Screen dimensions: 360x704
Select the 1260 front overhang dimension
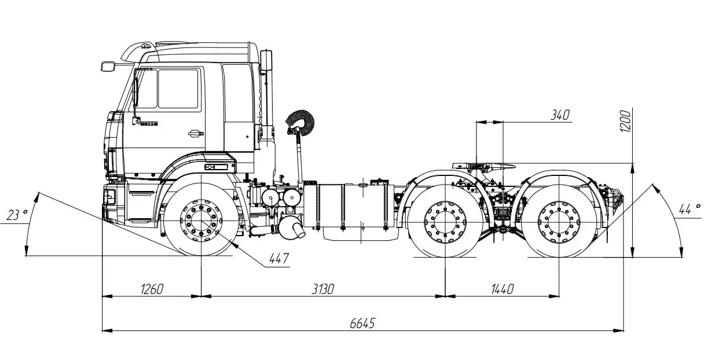click(151, 288)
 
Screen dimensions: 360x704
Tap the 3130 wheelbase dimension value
click(322, 288)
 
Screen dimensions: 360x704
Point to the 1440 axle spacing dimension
click(501, 288)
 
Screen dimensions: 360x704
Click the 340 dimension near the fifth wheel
click(560, 115)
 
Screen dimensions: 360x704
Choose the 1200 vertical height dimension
click(626, 120)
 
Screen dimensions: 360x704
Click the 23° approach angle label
click(17, 216)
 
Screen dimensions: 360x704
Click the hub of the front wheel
click(200, 221)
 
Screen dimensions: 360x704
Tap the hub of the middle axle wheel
click(444, 222)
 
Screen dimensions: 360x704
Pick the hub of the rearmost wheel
click(558, 222)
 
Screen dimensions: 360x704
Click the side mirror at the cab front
click(108, 65)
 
